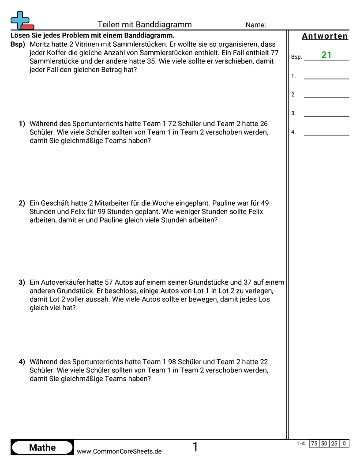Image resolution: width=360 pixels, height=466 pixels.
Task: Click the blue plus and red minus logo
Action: coord(21,21)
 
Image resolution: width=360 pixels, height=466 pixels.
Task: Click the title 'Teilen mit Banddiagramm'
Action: coord(144,25)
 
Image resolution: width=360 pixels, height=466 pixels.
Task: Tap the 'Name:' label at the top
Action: coord(255,25)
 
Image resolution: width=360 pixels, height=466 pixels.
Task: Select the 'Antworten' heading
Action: coord(325,36)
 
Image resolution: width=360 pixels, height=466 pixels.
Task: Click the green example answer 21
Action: coord(326,55)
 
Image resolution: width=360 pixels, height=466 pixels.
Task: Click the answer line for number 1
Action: coord(326,76)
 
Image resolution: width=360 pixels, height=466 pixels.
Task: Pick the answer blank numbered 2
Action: coord(326,95)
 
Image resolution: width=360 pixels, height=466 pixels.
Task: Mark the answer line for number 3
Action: coord(326,114)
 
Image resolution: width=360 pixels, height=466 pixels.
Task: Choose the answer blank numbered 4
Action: coord(326,132)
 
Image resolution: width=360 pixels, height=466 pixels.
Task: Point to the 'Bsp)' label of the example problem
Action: coord(18,45)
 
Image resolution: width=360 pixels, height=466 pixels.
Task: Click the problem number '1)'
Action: coord(22,124)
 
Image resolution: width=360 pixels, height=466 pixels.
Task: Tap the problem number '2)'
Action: coord(22,203)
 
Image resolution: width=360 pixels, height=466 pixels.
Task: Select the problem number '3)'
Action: coord(22,282)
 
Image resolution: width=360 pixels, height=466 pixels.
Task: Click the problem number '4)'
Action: coord(22,362)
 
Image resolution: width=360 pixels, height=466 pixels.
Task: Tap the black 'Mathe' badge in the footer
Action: coord(42,447)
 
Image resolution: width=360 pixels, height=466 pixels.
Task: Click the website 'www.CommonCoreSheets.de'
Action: coord(119,451)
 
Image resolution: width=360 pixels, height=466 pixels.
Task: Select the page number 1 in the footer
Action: coord(195,447)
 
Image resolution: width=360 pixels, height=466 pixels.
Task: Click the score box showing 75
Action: coord(314,443)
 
